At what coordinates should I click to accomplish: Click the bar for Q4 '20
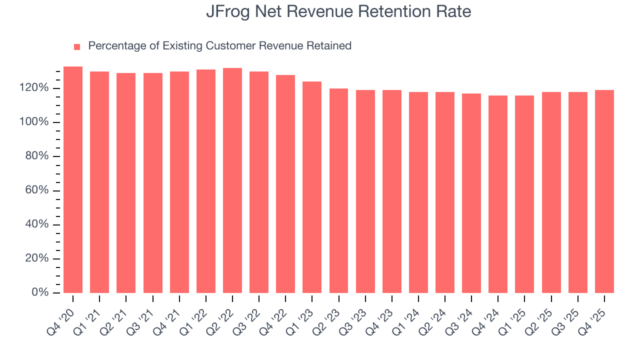[73, 179]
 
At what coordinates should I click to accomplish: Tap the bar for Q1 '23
[312, 187]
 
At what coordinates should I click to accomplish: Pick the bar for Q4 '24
[498, 194]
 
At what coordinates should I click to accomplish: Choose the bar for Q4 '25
[604, 191]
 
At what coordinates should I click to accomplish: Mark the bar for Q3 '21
[153, 182]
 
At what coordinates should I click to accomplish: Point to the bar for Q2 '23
[338, 190]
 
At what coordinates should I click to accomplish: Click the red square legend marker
[77, 46]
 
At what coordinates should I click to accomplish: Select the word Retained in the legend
[329, 46]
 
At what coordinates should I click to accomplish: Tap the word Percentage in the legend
[117, 46]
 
